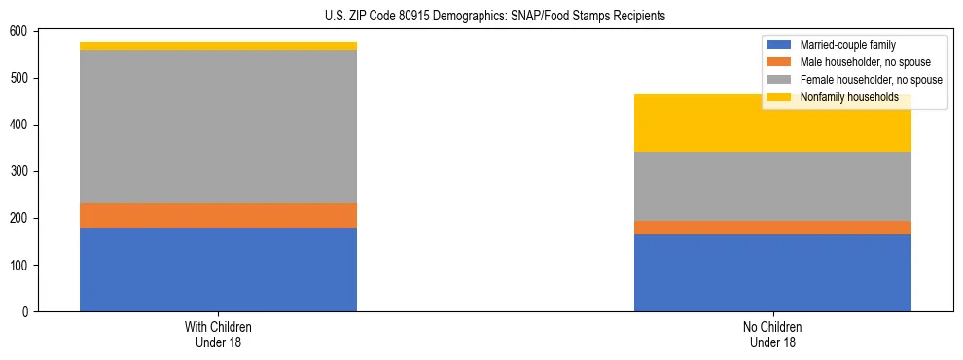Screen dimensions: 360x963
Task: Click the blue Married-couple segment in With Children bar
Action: click(218, 270)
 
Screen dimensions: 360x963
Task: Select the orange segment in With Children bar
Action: click(218, 215)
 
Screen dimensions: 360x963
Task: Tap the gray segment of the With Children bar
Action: click(218, 126)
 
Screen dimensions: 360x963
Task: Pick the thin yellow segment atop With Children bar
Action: click(218, 46)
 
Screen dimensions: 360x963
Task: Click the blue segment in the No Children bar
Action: click(772, 272)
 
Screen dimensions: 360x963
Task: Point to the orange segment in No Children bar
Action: click(772, 228)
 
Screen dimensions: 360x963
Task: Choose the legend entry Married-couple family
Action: click(847, 45)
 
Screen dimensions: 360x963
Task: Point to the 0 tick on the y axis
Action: click(27, 312)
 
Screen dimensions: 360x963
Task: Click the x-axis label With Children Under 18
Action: click(218, 335)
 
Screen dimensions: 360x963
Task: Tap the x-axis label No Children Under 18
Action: click(772, 335)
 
